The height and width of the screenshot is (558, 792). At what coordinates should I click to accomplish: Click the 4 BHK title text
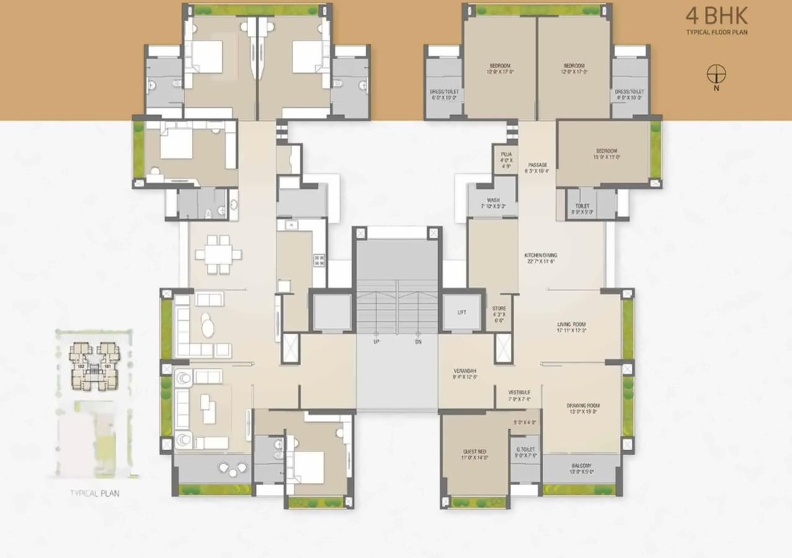(716, 16)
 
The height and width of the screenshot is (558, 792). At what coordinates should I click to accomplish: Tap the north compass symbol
(716, 74)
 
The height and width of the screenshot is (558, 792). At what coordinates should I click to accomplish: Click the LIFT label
(462, 313)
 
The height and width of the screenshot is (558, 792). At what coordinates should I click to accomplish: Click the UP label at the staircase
(376, 342)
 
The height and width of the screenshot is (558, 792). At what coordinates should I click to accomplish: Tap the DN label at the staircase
(419, 342)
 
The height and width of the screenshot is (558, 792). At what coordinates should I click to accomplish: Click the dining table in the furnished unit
(218, 254)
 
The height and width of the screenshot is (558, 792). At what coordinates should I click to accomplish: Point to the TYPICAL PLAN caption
(94, 493)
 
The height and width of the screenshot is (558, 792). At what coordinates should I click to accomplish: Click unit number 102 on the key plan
(81, 366)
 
